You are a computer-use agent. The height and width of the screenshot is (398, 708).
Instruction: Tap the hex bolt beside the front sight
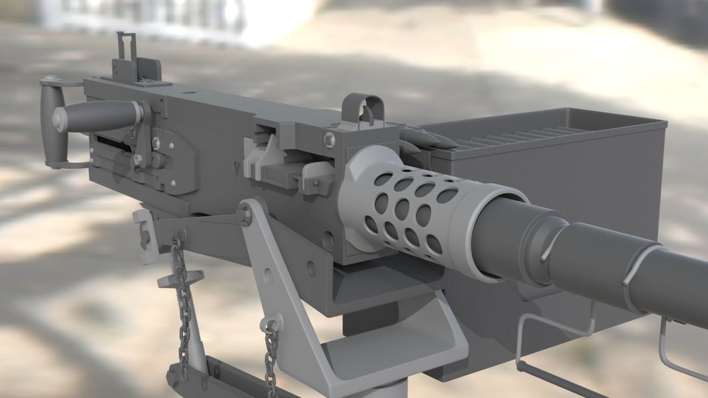(x=330, y=139)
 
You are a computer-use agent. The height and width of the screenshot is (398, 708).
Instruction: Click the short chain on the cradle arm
(x=270, y=354)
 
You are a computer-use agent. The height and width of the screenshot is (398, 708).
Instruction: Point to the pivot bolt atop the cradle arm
(x=244, y=213)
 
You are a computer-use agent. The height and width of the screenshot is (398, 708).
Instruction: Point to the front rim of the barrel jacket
(x=501, y=232)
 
